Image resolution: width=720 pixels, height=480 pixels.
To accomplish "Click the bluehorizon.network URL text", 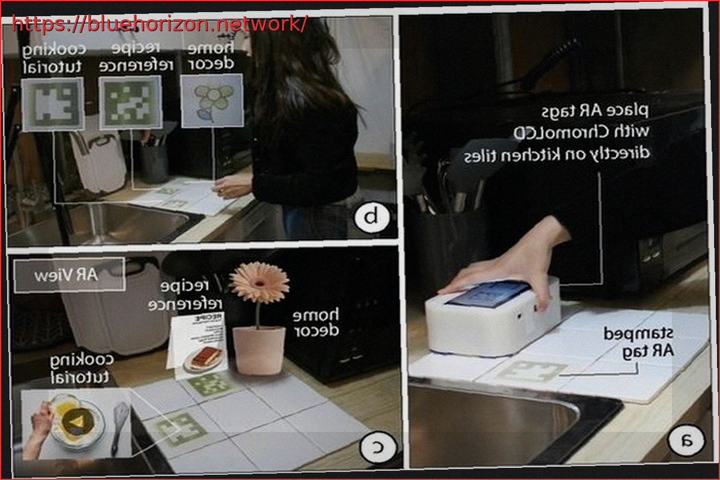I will [x=160, y=24].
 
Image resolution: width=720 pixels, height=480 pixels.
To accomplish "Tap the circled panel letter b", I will [x=373, y=217].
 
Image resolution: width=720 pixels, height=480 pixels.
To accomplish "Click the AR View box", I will [x=70, y=275].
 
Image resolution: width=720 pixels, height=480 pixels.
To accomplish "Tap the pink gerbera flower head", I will [x=259, y=281].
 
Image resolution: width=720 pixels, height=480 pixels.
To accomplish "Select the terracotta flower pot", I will [x=259, y=350].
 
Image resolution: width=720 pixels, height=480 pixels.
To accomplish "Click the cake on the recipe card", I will [x=202, y=357].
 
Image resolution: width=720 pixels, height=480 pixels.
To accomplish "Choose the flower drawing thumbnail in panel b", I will [x=212, y=100].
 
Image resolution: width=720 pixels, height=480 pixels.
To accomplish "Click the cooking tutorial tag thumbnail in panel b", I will [x=52, y=104].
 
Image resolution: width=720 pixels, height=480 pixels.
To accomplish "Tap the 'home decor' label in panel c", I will [x=316, y=322].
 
